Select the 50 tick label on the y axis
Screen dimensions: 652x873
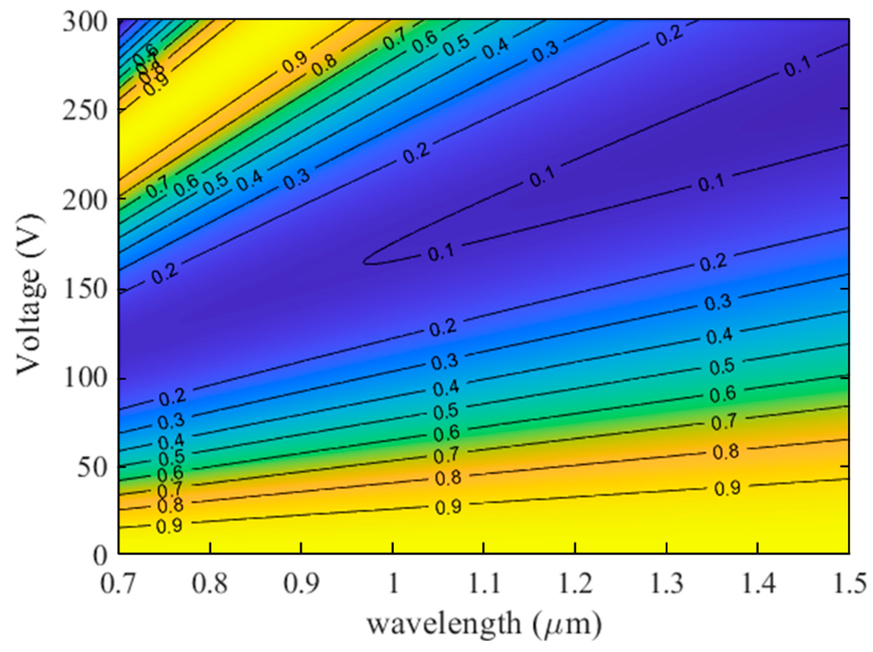click(93, 468)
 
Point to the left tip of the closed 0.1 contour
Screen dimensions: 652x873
click(364, 261)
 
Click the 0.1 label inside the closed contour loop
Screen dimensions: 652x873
click(441, 253)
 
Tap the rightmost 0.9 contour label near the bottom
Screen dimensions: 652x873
click(727, 489)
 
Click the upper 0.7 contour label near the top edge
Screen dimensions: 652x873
click(395, 40)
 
